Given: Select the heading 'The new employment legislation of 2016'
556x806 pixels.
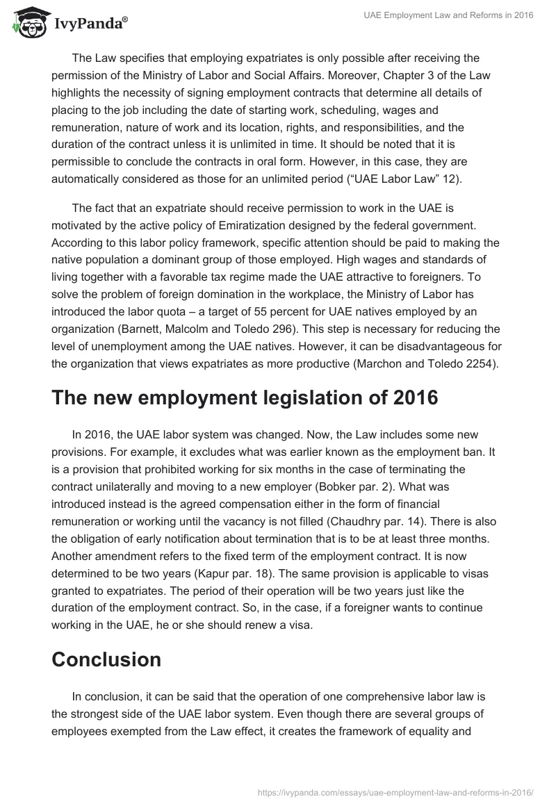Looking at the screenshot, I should pos(245,398).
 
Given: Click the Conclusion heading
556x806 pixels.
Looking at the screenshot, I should pos(106,659).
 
